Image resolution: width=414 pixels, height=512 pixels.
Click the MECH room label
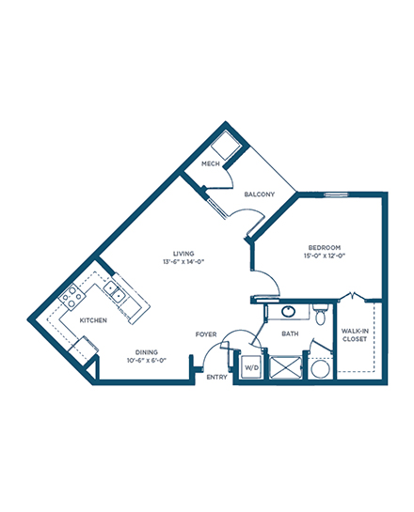[210, 163]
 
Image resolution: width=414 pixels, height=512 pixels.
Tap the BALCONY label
[260, 194]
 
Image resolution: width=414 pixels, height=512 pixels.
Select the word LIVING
[183, 254]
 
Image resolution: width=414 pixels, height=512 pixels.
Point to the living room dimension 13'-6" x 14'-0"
[183, 261]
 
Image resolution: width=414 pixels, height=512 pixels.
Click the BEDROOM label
[325, 247]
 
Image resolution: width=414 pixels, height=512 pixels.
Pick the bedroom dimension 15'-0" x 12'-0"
[325, 256]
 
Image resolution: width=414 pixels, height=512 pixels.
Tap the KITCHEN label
[93, 320]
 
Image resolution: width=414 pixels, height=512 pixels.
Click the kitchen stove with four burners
[72, 297]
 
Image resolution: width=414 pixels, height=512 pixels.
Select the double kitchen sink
[115, 292]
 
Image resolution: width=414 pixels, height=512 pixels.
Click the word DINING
[147, 352]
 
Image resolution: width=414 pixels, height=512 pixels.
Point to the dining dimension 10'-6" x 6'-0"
[147, 361]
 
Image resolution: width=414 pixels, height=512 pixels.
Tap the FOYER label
[206, 334]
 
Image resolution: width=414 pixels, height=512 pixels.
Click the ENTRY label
[216, 377]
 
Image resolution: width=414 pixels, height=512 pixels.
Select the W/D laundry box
[251, 367]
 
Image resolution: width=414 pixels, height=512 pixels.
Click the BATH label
[290, 334]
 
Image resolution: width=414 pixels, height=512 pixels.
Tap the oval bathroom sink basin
[289, 312]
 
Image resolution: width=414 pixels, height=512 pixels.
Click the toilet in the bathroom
[320, 314]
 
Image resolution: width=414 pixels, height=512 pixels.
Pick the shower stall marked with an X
[285, 367]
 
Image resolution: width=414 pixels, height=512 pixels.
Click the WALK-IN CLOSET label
[355, 335]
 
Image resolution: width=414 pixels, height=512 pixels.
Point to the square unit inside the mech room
[225, 146]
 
